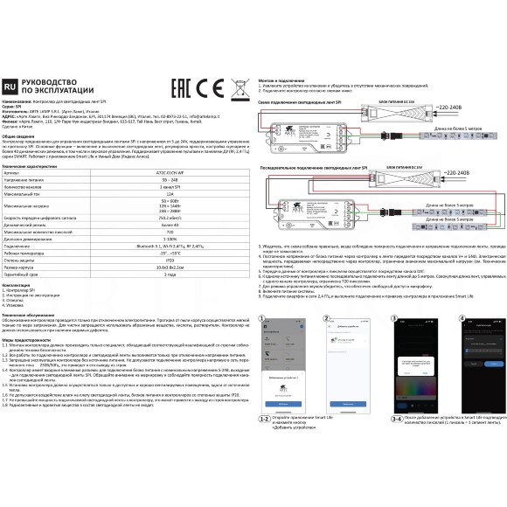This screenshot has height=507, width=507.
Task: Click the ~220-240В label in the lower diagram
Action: [458, 174]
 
